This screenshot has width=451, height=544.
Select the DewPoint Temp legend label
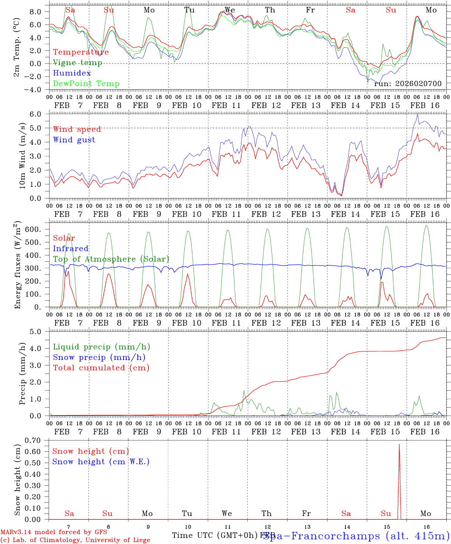[86, 84]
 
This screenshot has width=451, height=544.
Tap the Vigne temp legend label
[77, 63]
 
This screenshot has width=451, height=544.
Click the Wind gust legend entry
[74, 140]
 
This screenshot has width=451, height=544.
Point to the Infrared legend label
[71, 249]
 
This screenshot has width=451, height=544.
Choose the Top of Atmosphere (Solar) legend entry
[111, 259]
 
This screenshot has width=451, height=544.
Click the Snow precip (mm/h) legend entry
[99, 357]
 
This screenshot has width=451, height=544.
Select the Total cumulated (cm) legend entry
[101, 368]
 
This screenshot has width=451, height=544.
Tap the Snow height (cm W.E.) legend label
[101, 462]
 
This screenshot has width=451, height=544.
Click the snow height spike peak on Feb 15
[399, 444]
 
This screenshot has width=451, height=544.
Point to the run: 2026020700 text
[408, 83]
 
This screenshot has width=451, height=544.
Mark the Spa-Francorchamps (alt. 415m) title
[356, 536]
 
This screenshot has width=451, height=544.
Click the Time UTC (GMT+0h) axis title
[217, 535]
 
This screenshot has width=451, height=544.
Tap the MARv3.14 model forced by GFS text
[54, 532]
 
